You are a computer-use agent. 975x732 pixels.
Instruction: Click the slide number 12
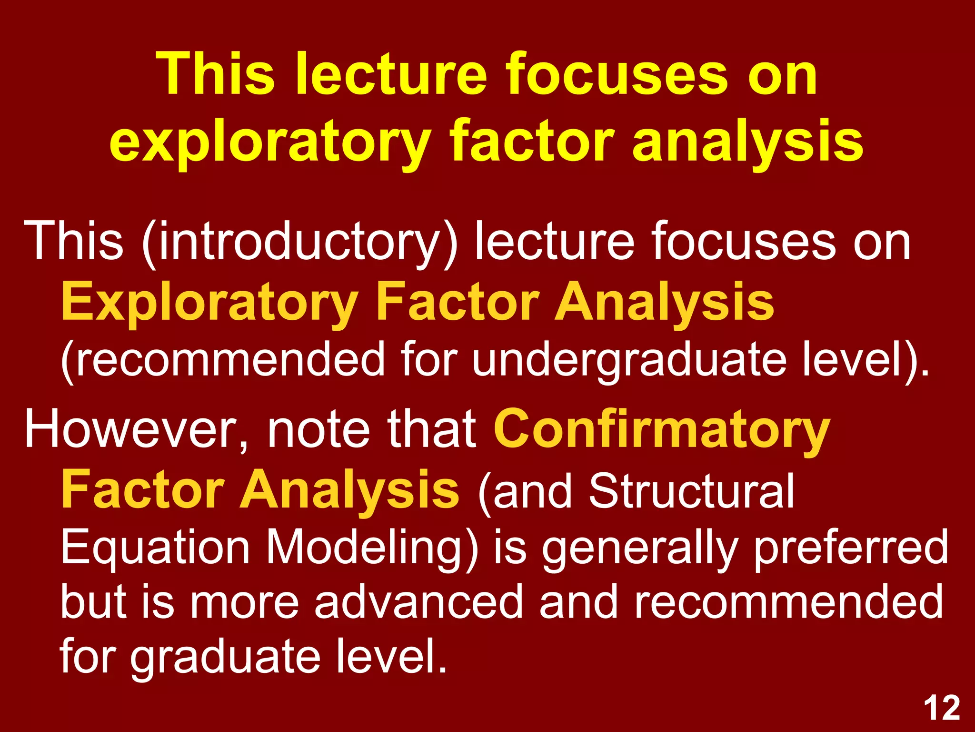click(942, 709)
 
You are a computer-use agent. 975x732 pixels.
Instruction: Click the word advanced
click(419, 602)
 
